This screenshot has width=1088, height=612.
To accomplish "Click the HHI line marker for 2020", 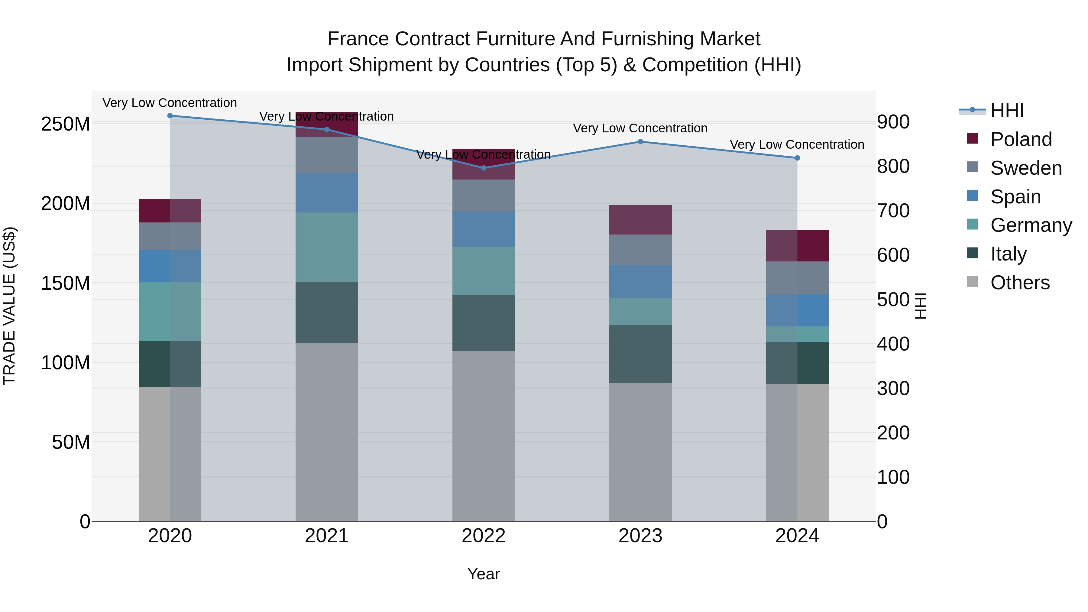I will tap(170, 116).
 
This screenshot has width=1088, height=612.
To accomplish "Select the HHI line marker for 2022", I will tap(484, 168).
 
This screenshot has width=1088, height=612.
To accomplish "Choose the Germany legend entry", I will tap(1031, 225).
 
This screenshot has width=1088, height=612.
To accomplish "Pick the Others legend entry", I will tap(1020, 283).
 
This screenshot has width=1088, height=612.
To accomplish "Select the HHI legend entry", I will tap(1007, 111).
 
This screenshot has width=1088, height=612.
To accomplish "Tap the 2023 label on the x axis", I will tap(640, 536).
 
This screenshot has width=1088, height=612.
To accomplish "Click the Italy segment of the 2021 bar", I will tap(326, 312).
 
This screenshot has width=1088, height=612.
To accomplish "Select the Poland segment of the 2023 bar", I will tap(640, 220).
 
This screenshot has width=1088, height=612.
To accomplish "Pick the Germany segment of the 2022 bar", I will tap(484, 271).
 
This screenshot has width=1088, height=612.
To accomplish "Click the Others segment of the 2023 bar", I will tap(640, 452).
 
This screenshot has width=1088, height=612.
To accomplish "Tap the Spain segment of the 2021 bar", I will tap(326, 193).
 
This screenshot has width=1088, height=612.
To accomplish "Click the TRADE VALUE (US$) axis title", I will tap(9, 306).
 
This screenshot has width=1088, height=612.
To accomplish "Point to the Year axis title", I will tap(484, 574).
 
